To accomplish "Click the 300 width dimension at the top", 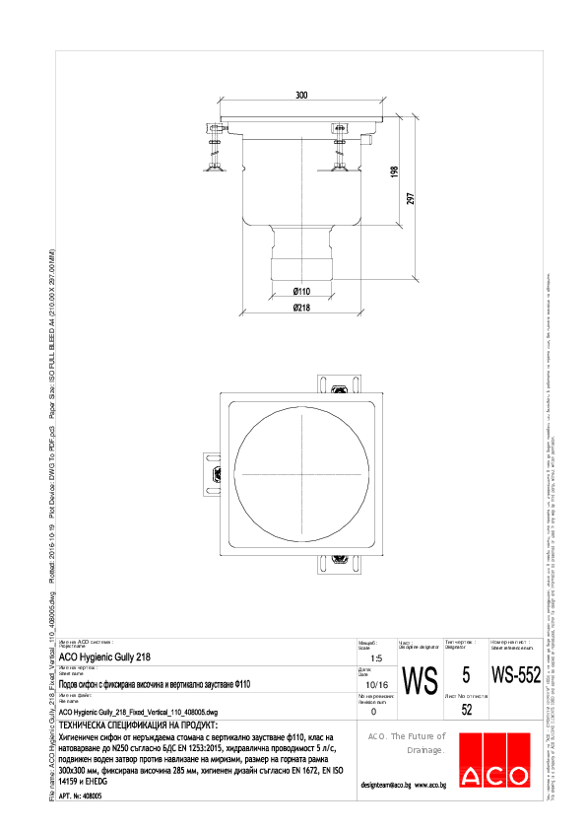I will pos(301,95).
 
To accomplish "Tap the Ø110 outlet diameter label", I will pos(301,291).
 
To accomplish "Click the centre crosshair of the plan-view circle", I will pos(301,474).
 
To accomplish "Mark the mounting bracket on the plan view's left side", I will pos(210,474).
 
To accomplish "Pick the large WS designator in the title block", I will pos(421,680).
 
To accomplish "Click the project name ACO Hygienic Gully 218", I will pos(105,657).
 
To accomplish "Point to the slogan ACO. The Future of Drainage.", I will pos(406,743).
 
